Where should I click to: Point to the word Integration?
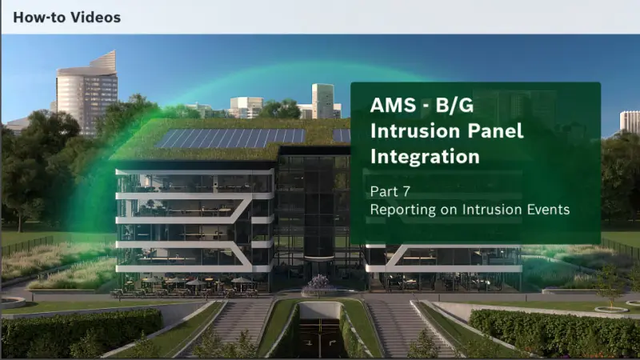pyautogui.click(x=425, y=157)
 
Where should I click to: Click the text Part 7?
pyautogui.click(x=390, y=192)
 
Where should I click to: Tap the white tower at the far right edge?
pyautogui.click(x=630, y=122)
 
